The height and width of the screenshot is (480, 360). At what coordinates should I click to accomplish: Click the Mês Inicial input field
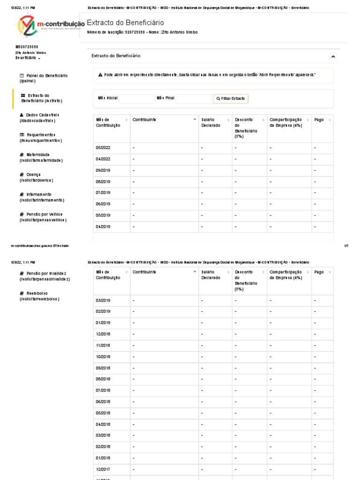pyautogui.click(x=136, y=98)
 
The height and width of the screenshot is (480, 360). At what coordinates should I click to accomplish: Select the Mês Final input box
pyautogui.click(x=194, y=98)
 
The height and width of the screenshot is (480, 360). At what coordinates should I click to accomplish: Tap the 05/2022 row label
pyautogui.click(x=103, y=148)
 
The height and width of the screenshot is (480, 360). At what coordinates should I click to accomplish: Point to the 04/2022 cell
pyautogui.click(x=103, y=159)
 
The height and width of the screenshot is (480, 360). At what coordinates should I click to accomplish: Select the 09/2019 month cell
pyautogui.click(x=103, y=170)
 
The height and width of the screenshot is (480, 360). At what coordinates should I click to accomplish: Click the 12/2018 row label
pyautogui.click(x=103, y=334)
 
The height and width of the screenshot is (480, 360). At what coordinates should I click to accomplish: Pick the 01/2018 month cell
pyautogui.click(x=103, y=458)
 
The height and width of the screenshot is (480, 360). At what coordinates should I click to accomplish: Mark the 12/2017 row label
pyautogui.click(x=103, y=469)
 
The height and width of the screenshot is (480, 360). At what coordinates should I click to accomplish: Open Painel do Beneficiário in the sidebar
pyautogui.click(x=44, y=78)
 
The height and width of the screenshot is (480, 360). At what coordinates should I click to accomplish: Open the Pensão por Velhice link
pyautogui.click(x=43, y=217)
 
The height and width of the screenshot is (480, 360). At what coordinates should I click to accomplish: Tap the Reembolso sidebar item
pyautogui.click(x=39, y=296)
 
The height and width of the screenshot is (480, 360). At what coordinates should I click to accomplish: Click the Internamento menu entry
pyautogui.click(x=41, y=197)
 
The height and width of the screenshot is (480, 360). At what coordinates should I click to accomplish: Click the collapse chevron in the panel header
pyautogui.click(x=333, y=56)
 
